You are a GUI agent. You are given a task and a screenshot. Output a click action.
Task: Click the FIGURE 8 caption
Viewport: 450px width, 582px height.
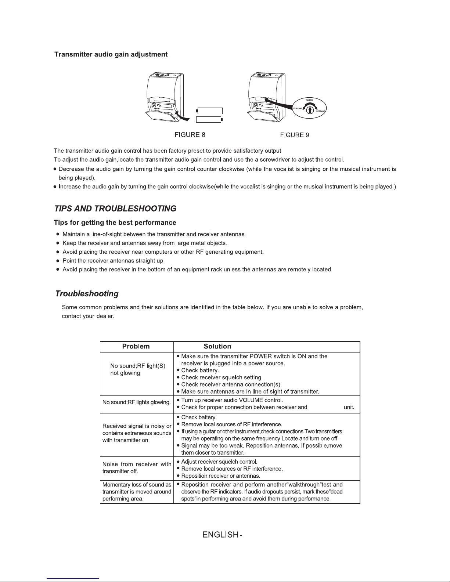[190, 135]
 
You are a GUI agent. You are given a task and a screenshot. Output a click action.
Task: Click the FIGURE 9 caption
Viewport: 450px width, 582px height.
[294, 135]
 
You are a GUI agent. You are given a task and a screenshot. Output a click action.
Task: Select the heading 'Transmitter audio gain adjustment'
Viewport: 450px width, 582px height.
[111, 54]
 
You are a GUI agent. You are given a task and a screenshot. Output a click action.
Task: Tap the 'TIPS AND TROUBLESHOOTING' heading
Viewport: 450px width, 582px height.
[115, 209]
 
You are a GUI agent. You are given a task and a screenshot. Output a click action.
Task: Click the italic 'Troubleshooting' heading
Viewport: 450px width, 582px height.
[87, 294]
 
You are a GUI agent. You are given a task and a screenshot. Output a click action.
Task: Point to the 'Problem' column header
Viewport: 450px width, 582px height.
[136, 346]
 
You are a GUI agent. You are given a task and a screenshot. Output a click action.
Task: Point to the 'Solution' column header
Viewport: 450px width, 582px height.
[217, 346]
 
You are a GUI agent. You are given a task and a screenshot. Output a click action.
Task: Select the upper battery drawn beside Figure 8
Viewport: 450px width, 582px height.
[210, 111]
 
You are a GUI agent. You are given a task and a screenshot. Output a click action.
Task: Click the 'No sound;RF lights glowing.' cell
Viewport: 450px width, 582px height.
[137, 402]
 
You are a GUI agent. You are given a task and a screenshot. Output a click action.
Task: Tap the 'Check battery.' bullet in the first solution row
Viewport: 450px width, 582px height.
[200, 370]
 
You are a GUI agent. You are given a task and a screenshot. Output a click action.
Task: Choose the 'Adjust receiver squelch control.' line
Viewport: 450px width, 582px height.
[219, 462]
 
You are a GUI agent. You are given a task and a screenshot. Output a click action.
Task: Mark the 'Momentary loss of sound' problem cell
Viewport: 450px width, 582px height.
[137, 492]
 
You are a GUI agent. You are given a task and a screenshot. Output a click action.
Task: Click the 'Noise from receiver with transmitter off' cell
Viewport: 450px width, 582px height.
[137, 467]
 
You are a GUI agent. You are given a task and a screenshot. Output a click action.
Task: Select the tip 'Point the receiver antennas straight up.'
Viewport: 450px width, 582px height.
[113, 261]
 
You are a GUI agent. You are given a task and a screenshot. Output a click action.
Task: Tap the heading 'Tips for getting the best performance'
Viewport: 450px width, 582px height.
[115, 223]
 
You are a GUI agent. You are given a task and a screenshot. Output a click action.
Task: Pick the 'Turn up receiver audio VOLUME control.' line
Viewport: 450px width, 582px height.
[232, 400]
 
